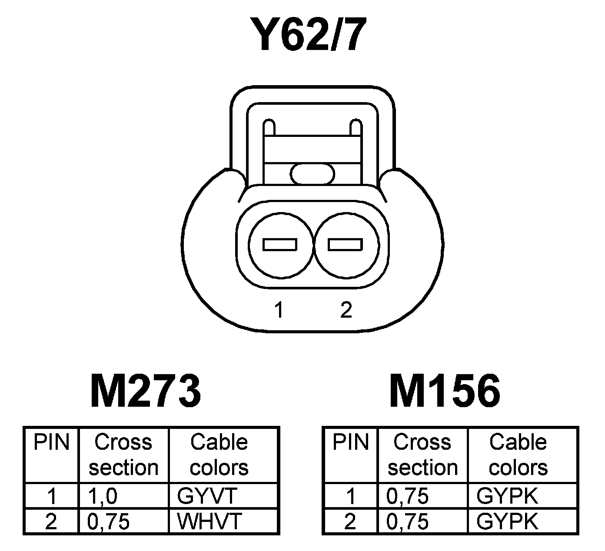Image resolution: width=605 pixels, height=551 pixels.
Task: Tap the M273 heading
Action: pos(146,391)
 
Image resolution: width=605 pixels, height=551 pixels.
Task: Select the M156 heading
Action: pos(444,391)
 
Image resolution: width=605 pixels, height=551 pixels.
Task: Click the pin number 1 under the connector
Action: pos(279,310)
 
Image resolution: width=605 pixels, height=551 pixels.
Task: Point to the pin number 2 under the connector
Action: pos(346,310)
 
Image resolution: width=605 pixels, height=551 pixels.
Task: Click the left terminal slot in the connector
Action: pos(280,245)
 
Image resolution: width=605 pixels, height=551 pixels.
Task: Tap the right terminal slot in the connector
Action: pos(345,245)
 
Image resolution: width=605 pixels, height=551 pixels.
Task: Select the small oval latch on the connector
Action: pos(312,174)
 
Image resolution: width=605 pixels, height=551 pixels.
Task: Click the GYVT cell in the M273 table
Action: pos(206,496)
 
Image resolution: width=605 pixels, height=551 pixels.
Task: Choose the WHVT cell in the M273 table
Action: pos(209,521)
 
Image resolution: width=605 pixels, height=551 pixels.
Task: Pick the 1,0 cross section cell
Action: pos(103,496)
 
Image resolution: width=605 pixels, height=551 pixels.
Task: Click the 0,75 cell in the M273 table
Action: pos(109,521)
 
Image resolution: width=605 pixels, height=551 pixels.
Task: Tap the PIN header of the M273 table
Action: pos(52,443)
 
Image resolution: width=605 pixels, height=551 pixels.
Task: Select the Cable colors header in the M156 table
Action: pos(518,455)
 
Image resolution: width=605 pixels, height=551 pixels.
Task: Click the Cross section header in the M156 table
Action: pos(422,455)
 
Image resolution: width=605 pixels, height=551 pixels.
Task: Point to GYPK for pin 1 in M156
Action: pos(507,496)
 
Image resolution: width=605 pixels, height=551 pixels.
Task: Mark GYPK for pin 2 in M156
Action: pos(507,521)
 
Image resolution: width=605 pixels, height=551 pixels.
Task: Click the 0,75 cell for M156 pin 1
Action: pos(407,496)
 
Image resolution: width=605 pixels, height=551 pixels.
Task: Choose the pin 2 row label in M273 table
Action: pos(51,521)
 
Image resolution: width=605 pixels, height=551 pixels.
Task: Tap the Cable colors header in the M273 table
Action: pos(219,455)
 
